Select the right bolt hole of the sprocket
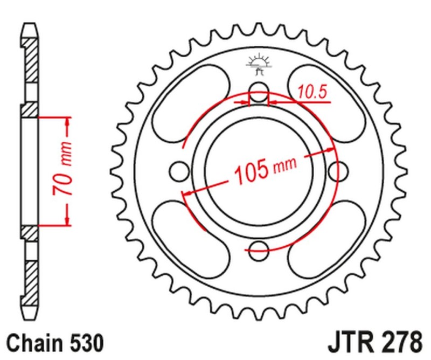point(339,171)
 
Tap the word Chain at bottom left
point(33,342)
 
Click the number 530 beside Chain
point(84,342)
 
